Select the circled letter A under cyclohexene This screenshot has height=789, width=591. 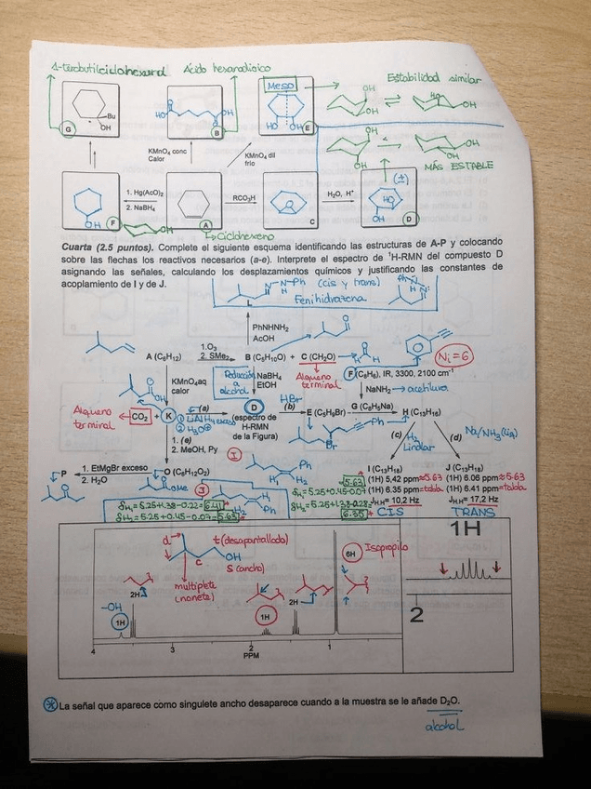(x=206, y=224)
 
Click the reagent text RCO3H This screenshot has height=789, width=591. (x=244, y=197)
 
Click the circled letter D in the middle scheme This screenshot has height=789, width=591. (x=250, y=407)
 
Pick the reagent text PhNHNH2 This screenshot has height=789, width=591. (x=270, y=328)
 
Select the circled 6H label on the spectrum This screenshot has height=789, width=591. (x=351, y=553)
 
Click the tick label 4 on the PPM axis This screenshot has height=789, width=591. (x=93, y=650)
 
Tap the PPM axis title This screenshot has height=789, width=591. (x=252, y=655)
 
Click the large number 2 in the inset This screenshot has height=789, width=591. (x=416, y=614)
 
